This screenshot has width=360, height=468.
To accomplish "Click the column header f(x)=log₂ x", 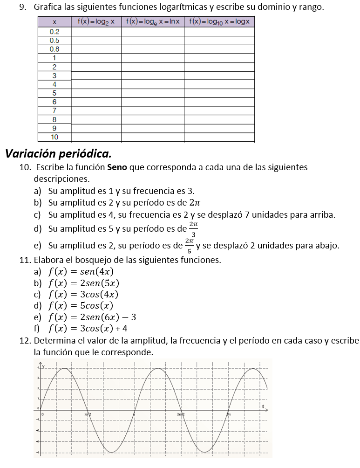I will pos(96,22).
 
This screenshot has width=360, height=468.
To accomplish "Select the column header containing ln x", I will pos(152,22).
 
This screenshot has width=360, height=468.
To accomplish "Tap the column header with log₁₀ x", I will pos(219,22).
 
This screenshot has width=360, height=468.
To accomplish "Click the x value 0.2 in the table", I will pos(54,32).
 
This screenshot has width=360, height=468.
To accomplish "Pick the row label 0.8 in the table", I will pos(54,49).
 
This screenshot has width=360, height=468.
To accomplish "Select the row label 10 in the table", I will pos(54,137).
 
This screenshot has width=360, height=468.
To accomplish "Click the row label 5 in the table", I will pos(54,93).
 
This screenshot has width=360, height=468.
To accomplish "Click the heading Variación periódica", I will pos(58,153).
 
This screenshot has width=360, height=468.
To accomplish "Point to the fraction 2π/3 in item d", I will pos(194,229).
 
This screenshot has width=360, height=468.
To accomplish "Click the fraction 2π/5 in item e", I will pos(189,245).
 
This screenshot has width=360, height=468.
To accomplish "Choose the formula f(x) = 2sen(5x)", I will pos(84,283).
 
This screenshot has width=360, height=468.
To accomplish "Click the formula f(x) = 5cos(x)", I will pos(81,306).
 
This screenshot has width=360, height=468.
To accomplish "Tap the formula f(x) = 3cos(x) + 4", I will pos(88,329).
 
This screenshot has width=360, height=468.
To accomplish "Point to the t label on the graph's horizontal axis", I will pos(263,406).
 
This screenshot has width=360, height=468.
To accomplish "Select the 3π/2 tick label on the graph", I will pos(181,414).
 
